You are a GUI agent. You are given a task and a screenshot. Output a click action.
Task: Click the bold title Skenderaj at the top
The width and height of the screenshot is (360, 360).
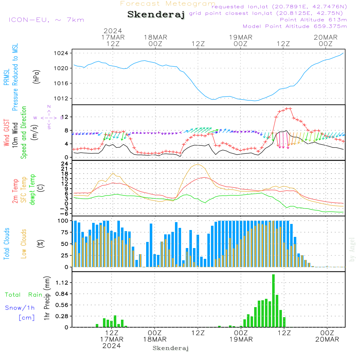156,15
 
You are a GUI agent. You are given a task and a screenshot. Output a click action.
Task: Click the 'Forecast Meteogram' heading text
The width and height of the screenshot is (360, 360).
168,4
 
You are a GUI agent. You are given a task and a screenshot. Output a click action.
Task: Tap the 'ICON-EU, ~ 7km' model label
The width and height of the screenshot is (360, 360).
46,20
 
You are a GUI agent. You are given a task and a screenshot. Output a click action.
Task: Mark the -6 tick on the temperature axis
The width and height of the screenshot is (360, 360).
65,213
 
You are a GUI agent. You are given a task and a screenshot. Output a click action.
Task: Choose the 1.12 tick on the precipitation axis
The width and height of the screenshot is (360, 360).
62,283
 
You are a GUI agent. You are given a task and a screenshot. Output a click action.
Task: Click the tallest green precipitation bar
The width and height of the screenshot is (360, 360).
274,301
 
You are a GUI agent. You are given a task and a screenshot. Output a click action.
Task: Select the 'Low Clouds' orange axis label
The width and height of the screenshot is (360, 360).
24,244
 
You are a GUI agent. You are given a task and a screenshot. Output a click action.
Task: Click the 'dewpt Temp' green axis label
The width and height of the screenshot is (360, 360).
32,190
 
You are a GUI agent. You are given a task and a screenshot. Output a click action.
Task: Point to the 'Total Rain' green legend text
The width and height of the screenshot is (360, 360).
24,295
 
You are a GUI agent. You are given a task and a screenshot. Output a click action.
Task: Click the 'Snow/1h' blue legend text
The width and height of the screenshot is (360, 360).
20,308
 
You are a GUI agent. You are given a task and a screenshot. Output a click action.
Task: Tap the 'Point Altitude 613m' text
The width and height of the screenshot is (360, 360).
313,20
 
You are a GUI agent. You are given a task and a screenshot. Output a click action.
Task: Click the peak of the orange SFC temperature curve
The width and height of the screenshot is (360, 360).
198,164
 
